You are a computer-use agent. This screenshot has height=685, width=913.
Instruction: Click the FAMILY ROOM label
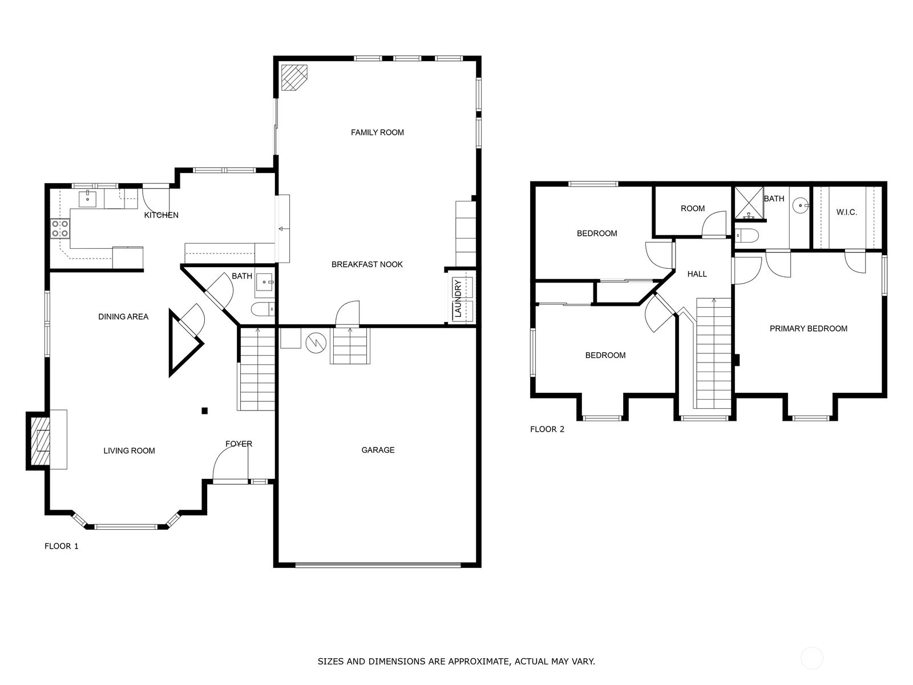point(377,132)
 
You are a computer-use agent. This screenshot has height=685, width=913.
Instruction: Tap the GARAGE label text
point(378,450)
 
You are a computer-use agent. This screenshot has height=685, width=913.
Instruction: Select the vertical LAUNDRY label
point(458,299)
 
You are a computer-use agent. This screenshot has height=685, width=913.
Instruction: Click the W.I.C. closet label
point(846,212)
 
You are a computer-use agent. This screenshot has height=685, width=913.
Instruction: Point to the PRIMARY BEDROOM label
point(808,329)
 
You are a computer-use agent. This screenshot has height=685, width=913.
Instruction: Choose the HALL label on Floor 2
point(697,274)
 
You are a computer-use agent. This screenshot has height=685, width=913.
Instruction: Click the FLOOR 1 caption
point(62,546)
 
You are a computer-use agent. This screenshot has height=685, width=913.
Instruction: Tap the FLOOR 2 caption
point(547,429)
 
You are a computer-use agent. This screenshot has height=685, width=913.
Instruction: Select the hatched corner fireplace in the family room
point(294,78)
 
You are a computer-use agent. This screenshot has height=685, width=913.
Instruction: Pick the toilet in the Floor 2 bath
point(746,235)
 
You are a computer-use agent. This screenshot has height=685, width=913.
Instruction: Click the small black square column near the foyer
point(205,411)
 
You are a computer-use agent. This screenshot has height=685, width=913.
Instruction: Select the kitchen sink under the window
point(88,199)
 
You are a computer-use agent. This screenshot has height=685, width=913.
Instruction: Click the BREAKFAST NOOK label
point(367,264)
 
